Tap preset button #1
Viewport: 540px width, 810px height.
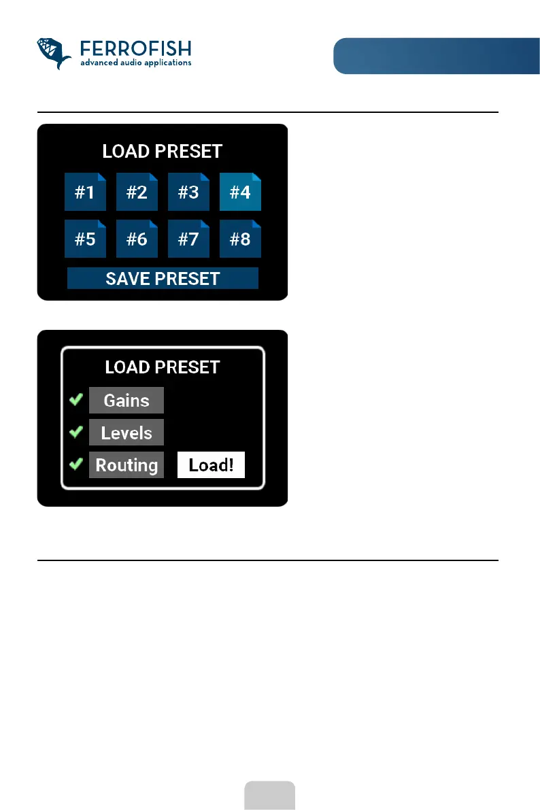coord(85,192)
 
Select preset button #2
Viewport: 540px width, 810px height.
coord(137,192)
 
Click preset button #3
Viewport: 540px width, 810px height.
coord(188,192)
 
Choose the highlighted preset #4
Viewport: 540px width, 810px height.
coord(240,192)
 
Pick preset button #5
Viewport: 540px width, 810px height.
coord(85,239)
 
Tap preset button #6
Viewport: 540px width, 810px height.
coord(137,239)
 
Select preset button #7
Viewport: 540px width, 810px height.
coord(188,239)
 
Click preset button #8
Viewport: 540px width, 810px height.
coord(240,239)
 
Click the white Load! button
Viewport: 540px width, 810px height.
coord(211,465)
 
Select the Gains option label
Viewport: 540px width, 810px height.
coord(126,400)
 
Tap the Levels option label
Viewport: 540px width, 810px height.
coord(126,433)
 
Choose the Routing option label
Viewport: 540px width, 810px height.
coord(126,465)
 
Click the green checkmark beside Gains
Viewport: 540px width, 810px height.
coord(76,400)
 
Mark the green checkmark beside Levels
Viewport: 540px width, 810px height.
coord(76,432)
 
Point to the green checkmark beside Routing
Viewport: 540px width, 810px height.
coord(76,465)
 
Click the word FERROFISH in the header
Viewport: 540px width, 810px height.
coord(135,49)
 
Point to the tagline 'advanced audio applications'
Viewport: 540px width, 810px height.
coord(135,63)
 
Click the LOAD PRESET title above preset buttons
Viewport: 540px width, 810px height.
coord(162,151)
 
